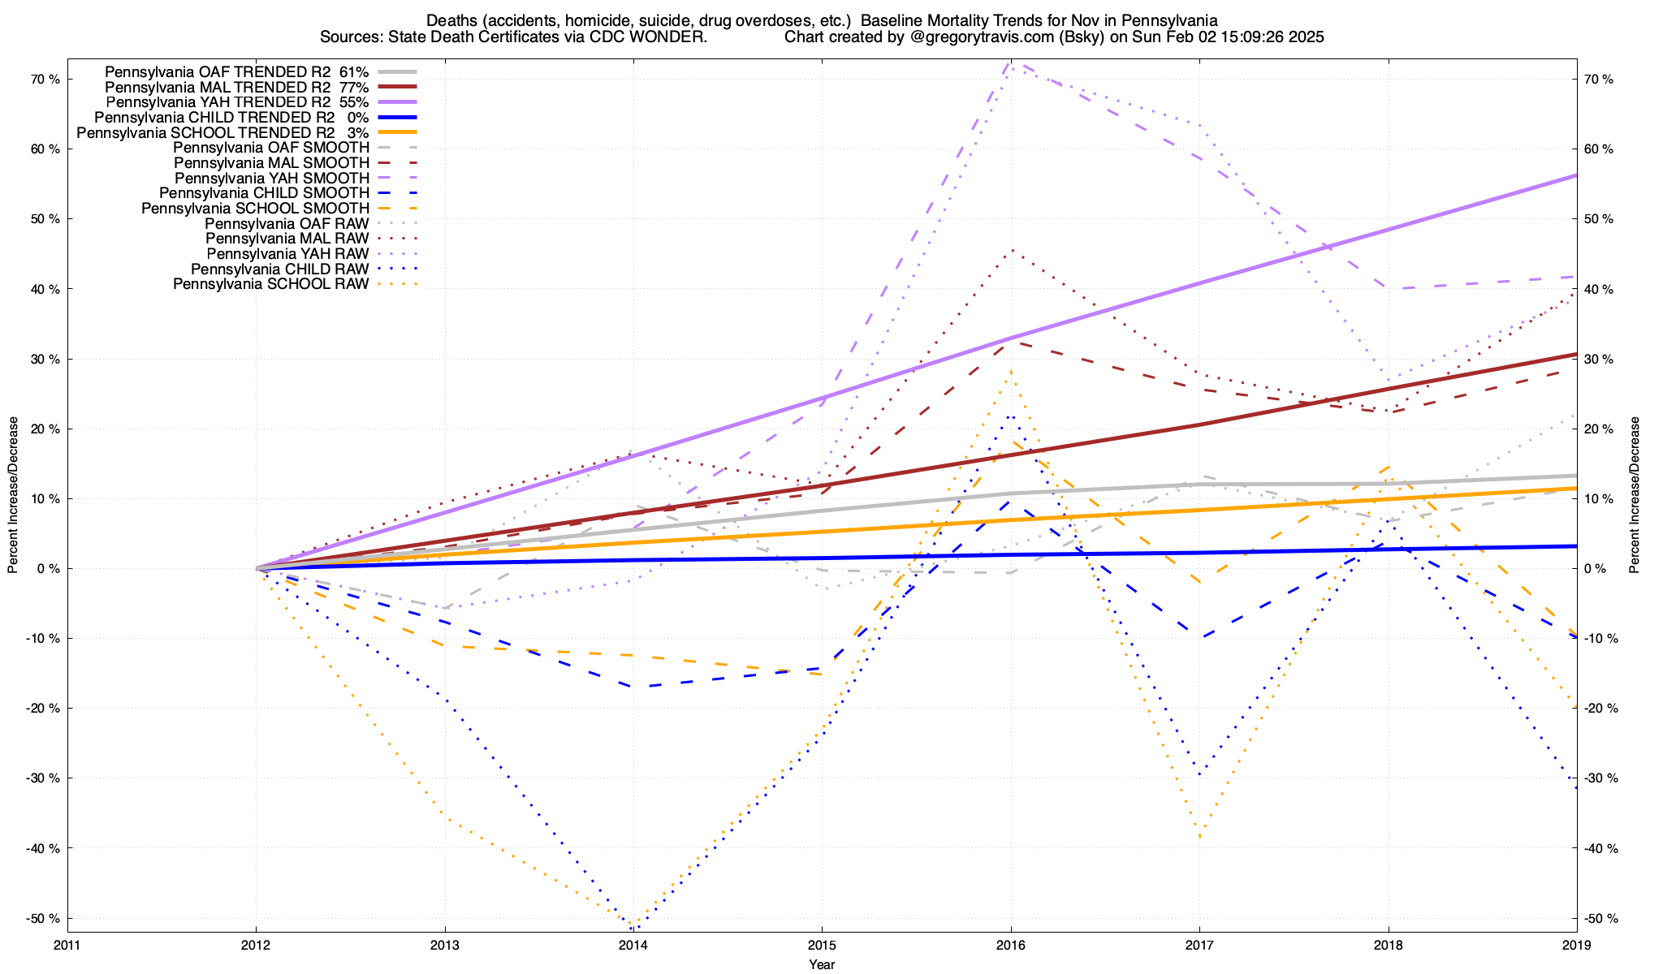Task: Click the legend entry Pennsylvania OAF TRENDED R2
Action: click(x=236, y=72)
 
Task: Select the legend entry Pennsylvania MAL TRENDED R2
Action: click(x=236, y=88)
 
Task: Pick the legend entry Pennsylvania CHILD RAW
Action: click(x=280, y=269)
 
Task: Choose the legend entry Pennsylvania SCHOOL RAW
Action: click(x=271, y=285)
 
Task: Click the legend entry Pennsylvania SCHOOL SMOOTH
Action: click(x=255, y=209)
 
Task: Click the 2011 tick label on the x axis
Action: click(x=67, y=945)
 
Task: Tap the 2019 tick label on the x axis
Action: click(x=1576, y=945)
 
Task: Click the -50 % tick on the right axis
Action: click(x=1601, y=919)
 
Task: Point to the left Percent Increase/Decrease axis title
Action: click(x=13, y=495)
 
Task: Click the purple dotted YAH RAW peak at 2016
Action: click(x=1009, y=62)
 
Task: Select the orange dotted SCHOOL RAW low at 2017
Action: click(x=1199, y=836)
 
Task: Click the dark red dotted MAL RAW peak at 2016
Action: click(x=1010, y=250)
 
